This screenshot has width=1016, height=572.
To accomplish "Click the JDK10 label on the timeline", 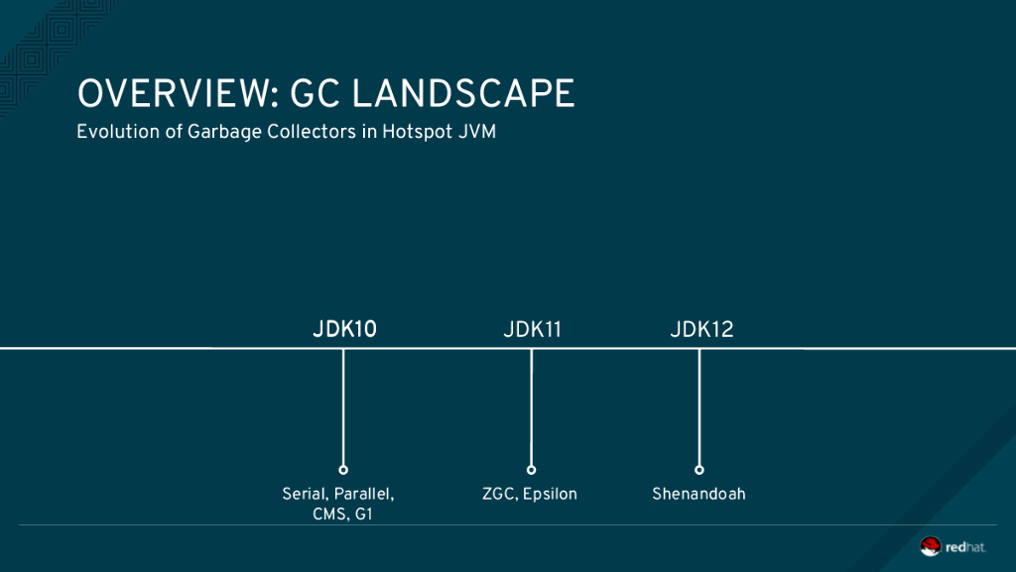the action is pyautogui.click(x=344, y=329).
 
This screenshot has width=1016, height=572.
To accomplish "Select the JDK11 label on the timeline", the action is pyautogui.click(x=532, y=329).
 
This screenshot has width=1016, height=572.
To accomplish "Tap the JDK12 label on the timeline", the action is pyautogui.click(x=701, y=329).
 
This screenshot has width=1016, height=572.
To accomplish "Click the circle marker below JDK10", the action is pyautogui.click(x=343, y=470).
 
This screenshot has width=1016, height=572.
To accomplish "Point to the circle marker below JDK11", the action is pyautogui.click(x=532, y=470).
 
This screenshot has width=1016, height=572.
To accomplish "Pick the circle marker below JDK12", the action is pyautogui.click(x=699, y=470).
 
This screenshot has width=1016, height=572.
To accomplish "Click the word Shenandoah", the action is pyautogui.click(x=698, y=494).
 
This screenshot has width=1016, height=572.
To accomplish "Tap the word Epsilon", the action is pyautogui.click(x=550, y=495).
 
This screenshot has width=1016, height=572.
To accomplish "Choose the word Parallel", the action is pyautogui.click(x=365, y=495).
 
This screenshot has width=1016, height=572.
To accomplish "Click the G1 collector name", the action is pyautogui.click(x=363, y=515).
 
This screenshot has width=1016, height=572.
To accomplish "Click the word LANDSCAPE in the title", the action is pyautogui.click(x=463, y=94).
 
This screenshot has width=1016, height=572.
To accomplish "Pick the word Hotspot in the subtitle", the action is pyautogui.click(x=418, y=132).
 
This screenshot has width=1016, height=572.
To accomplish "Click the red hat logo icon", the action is pyautogui.click(x=931, y=546).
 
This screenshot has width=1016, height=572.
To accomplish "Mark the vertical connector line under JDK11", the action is pyautogui.click(x=532, y=407).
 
